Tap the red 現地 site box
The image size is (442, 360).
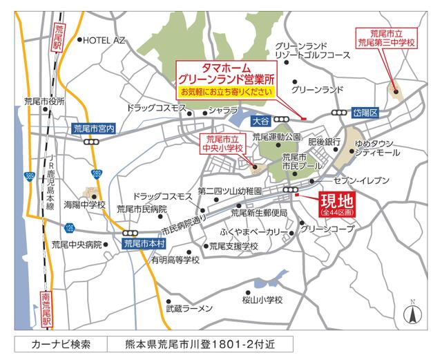[335, 205]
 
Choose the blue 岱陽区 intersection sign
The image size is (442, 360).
[363, 112]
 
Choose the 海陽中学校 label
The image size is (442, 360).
[84, 205]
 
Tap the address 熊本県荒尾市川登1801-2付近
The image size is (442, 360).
[201, 343]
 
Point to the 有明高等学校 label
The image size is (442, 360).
[175, 260]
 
